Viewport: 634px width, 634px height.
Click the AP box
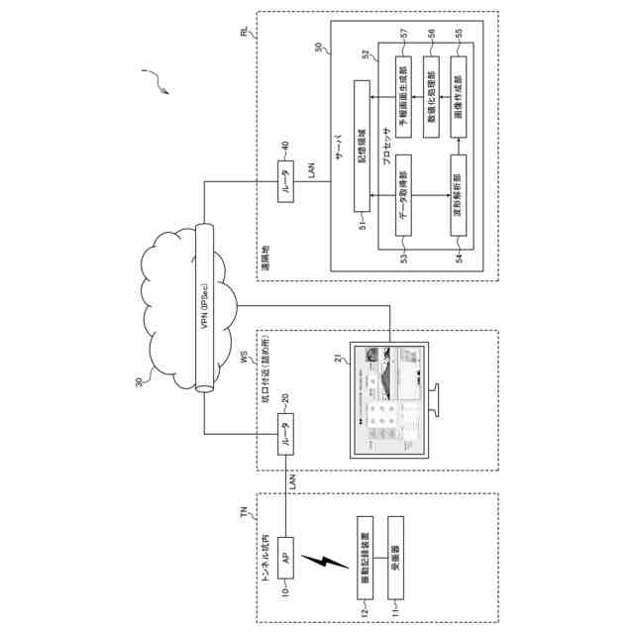(284, 559)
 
